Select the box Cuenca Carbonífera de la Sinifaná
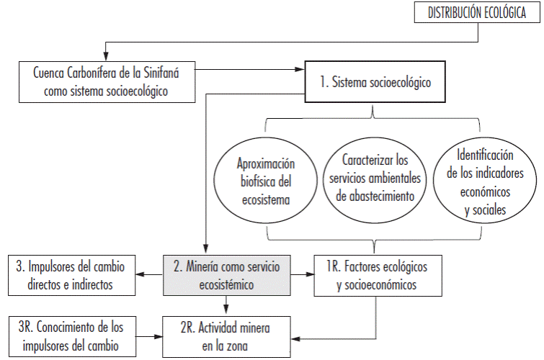(106, 82)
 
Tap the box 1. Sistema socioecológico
(375, 82)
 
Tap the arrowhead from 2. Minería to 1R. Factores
(311, 274)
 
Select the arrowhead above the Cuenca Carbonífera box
(107, 55)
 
